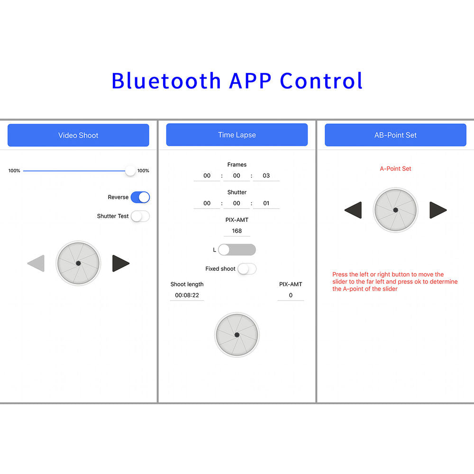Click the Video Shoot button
(x=78, y=135)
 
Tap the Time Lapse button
(x=237, y=135)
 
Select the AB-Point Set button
(x=395, y=135)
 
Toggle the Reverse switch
(x=140, y=197)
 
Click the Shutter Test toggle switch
(x=140, y=216)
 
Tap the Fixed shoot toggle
(x=247, y=269)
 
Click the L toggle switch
(x=237, y=250)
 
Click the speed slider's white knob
(x=130, y=171)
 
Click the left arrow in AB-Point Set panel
(x=353, y=210)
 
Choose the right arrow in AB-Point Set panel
(x=438, y=210)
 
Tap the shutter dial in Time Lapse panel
(x=237, y=335)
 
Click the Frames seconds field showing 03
(x=266, y=176)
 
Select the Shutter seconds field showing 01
(x=266, y=203)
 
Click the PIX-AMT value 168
(x=237, y=231)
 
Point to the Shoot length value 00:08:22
(x=187, y=295)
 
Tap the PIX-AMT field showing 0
(x=291, y=295)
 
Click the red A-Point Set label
(x=395, y=169)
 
